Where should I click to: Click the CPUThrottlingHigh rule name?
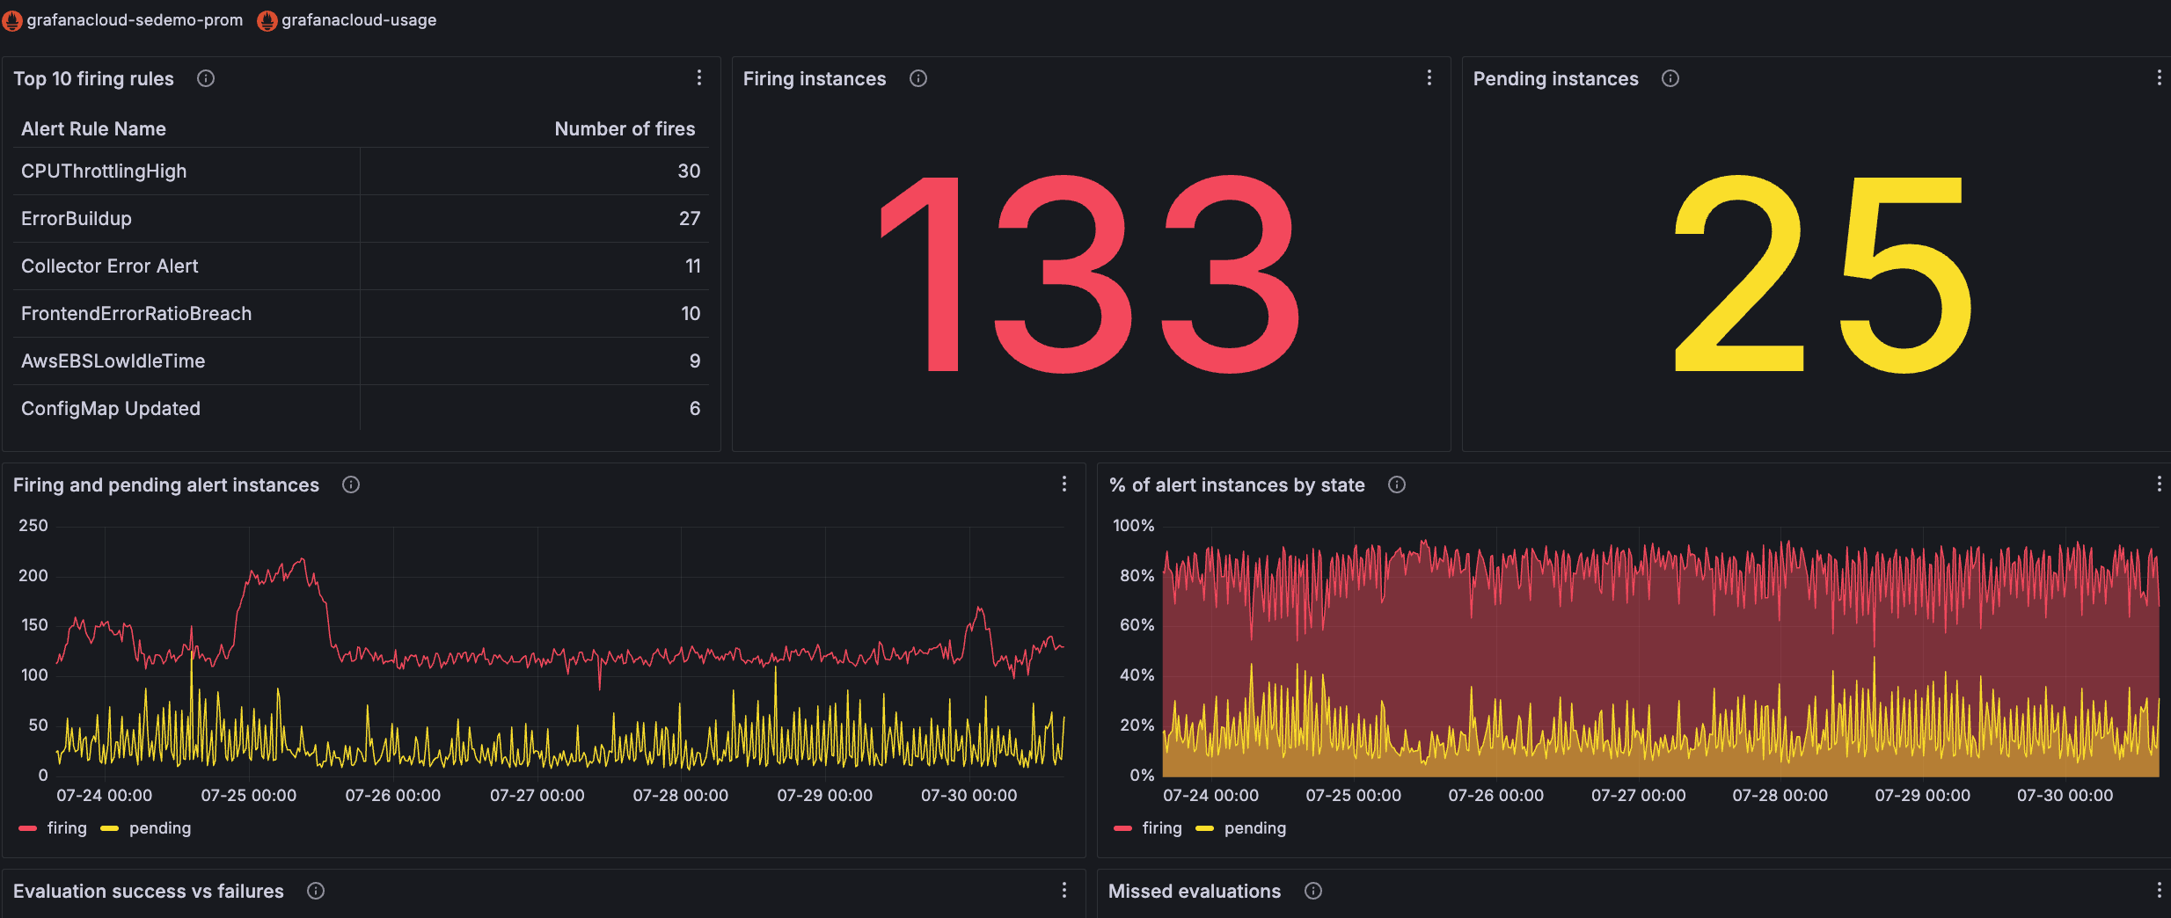104,171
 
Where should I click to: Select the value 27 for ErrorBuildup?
689,219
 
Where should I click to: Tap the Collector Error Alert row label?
110,266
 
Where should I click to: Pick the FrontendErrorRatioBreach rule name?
136,314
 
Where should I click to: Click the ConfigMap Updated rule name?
111,409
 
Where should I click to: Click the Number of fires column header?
625,129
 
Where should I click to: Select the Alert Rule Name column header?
93,129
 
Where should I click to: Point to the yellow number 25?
1821,274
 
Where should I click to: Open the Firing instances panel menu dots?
1429,78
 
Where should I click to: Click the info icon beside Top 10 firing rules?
206,78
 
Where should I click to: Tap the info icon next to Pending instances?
1670,78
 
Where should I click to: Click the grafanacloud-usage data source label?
358,20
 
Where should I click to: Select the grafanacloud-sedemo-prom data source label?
135,20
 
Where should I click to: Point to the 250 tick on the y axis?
33,526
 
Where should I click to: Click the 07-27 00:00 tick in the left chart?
537,796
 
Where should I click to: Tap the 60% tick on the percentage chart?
1137,625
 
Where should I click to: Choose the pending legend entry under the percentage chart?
1254,828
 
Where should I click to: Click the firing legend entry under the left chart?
67,828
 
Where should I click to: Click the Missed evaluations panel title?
1194,892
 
